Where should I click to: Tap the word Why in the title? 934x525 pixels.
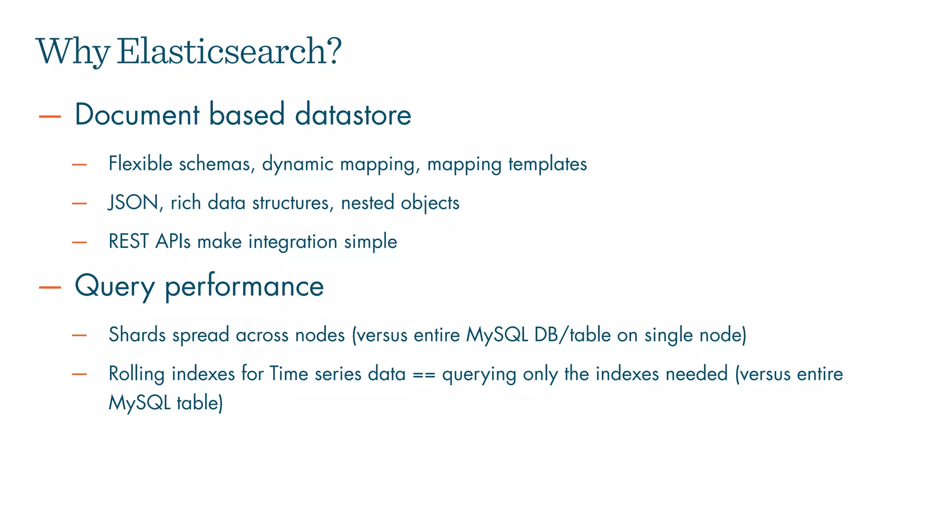click(73, 51)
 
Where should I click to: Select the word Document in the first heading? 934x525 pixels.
click(137, 114)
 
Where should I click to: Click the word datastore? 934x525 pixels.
click(353, 114)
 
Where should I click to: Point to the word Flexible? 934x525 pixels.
click(140, 164)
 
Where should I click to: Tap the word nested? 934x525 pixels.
click(367, 202)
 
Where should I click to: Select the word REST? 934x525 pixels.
click(129, 241)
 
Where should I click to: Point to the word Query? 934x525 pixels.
click(115, 287)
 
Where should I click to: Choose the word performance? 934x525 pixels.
click(244, 287)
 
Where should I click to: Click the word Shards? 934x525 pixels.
click(137, 335)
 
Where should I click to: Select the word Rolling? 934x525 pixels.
click(136, 374)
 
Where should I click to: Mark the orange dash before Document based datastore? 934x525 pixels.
click(50, 116)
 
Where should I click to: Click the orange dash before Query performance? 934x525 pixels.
click(50, 287)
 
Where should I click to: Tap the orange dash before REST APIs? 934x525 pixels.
click(79, 242)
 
